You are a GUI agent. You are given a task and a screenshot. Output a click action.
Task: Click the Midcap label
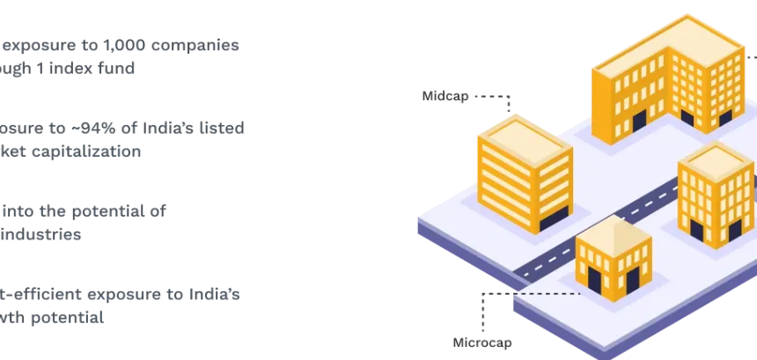point(446,95)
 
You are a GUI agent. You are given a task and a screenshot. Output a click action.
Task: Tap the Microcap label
point(482,342)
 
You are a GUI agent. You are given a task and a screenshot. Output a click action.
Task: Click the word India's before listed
point(176,128)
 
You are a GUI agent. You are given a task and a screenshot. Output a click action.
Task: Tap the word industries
point(41,234)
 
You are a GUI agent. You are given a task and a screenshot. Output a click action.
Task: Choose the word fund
point(116,67)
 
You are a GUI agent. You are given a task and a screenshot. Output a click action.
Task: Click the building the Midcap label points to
point(525,172)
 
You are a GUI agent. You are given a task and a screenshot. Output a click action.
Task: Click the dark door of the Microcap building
point(594,282)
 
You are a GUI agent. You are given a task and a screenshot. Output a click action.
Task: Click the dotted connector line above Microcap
point(483,309)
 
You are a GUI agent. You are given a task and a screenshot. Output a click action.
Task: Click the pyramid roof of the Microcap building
point(613,230)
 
